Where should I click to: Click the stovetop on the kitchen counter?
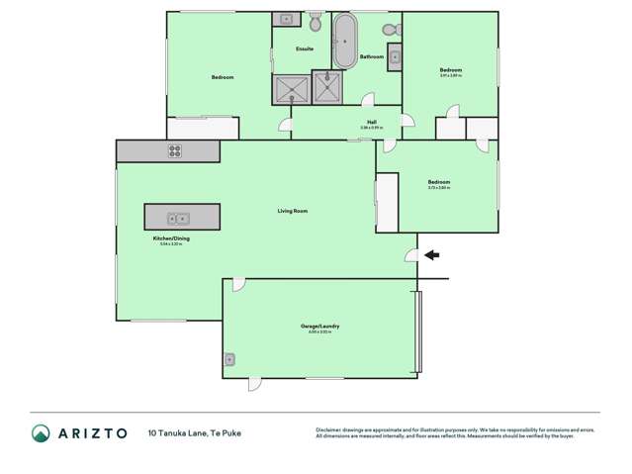coord(175,151)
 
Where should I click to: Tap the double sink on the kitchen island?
coord(177,218)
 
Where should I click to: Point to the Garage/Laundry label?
coord(316,325)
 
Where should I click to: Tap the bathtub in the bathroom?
coord(344,42)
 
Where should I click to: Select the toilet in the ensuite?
coord(316,22)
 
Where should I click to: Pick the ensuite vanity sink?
coord(286,19)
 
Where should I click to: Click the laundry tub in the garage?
coord(230,359)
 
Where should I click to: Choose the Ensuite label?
coord(306,48)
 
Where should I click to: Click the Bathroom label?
coord(372,57)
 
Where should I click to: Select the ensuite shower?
coord(291,89)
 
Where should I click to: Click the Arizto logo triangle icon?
coord(41,432)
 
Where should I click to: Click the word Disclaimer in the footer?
coord(331,428)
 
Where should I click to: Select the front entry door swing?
coord(410,255)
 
